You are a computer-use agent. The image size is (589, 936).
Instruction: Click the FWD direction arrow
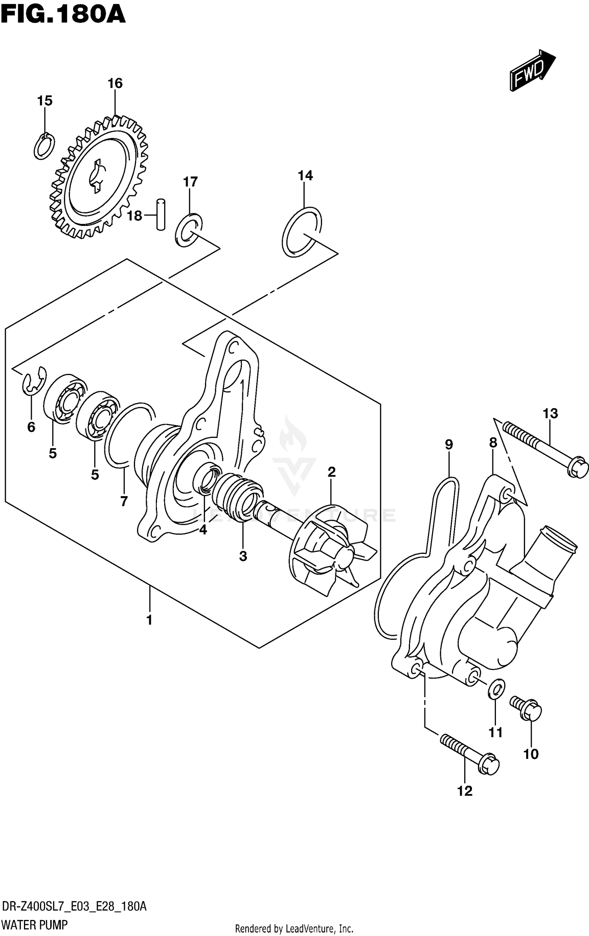[x=532, y=71]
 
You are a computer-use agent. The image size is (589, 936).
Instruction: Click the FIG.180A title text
[x=63, y=15]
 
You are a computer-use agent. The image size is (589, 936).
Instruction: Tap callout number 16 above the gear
[x=115, y=83]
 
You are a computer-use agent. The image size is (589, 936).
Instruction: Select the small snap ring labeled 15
[x=44, y=146]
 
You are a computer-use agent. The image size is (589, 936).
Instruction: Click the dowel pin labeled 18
[x=161, y=214]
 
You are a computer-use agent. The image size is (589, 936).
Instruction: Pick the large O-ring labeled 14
[x=302, y=232]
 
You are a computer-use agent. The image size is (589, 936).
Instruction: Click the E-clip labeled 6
[x=34, y=380]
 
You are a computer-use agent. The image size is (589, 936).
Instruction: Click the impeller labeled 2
[x=330, y=550]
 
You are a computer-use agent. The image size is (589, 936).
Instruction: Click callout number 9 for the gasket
[x=449, y=445]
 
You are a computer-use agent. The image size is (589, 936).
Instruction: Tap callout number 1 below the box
[x=149, y=620]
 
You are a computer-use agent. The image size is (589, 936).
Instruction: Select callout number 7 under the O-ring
[x=124, y=501]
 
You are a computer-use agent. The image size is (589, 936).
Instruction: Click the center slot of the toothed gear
[x=96, y=176]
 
